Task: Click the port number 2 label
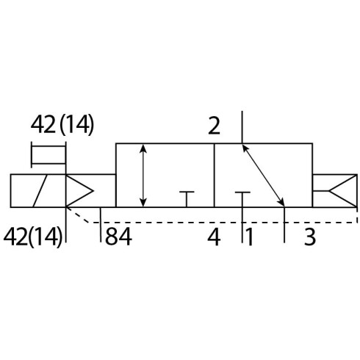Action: [214, 126]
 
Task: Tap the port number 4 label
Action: [214, 237]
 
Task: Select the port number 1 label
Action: [249, 237]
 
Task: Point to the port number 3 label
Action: [310, 237]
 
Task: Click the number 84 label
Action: [118, 237]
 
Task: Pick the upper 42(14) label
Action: [62, 125]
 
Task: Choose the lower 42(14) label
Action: [33, 237]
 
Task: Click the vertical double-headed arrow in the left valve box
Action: [143, 176]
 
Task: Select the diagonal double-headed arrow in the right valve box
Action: [264, 176]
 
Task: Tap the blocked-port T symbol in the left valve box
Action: [187, 199]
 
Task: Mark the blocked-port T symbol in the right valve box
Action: [242, 199]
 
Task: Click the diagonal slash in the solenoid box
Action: [40, 191]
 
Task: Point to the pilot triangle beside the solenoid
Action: [79, 191]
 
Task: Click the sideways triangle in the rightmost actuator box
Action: [343, 191]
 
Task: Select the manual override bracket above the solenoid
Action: [48, 155]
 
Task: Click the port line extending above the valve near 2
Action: [242, 127]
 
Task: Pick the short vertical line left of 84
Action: [101, 225]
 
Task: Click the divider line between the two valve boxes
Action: [215, 176]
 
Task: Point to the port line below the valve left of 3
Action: [284, 225]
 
